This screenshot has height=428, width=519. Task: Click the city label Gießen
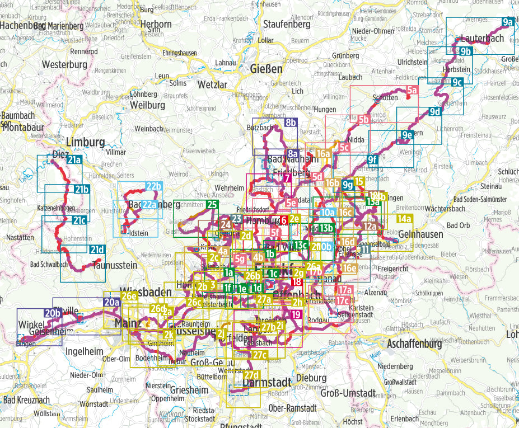pyautogui.click(x=266, y=69)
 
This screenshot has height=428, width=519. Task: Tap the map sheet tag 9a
pyautogui.click(x=508, y=22)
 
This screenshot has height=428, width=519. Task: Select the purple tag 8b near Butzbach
pyautogui.click(x=290, y=123)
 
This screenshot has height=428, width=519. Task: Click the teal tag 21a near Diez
pyautogui.click(x=74, y=161)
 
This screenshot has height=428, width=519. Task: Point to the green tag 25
pyautogui.click(x=212, y=205)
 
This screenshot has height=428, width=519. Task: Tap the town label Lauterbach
pyautogui.click(x=481, y=39)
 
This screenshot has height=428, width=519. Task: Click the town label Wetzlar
pyautogui.click(x=213, y=84)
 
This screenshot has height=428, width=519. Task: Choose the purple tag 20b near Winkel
pyautogui.click(x=53, y=313)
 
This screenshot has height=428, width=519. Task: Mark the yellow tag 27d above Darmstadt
pyautogui.click(x=252, y=374)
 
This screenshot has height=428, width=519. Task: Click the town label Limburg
pyautogui.click(x=85, y=142)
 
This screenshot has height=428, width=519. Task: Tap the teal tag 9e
pyautogui.click(x=407, y=134)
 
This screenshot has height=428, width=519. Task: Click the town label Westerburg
pyautogui.click(x=65, y=64)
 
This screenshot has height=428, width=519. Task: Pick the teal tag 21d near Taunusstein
pyautogui.click(x=97, y=250)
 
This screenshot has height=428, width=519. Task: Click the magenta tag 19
pyautogui.click(x=297, y=315)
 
